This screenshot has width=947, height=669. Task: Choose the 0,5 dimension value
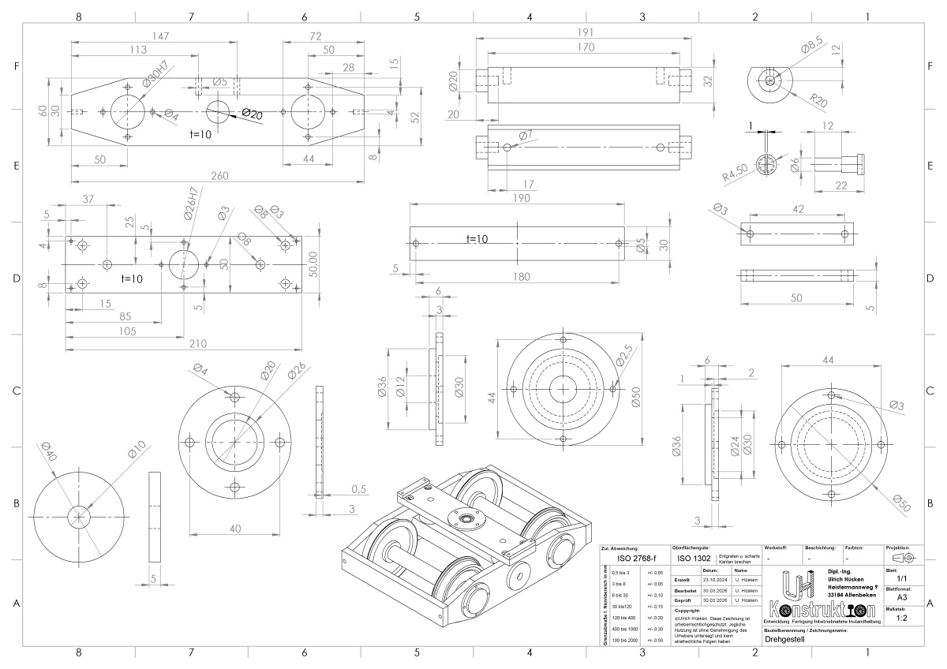[x=357, y=489]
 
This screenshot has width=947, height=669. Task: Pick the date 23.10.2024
[x=713, y=579]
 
